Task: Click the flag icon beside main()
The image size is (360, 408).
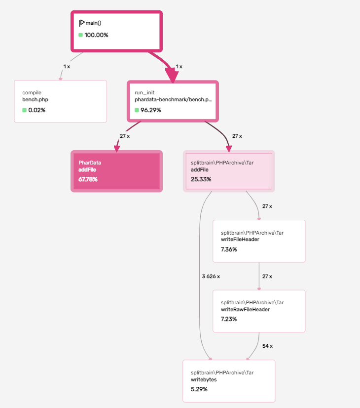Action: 82,23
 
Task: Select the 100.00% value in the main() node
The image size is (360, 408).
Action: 96,35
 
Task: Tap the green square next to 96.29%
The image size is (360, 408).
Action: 137,110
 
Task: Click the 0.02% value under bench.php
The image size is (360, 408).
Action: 36,110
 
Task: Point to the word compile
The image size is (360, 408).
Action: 32,93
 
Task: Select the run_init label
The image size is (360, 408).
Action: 144,93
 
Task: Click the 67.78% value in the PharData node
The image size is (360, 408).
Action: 88,179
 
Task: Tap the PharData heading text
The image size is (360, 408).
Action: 90,163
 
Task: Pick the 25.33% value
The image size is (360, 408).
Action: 201,179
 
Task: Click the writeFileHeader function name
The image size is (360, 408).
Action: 240,240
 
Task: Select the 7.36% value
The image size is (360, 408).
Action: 229,249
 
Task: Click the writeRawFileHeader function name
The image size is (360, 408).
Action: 245,309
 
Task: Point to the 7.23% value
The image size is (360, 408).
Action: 229,319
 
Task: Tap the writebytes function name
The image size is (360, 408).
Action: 204,379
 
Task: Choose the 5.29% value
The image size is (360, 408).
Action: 199,389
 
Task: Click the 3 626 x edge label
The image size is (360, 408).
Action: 211,276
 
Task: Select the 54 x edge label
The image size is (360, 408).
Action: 267,346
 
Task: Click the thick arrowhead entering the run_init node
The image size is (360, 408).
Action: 172,75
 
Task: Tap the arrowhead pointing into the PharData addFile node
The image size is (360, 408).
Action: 117,149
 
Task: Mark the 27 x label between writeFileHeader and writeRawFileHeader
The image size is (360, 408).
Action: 267,276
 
